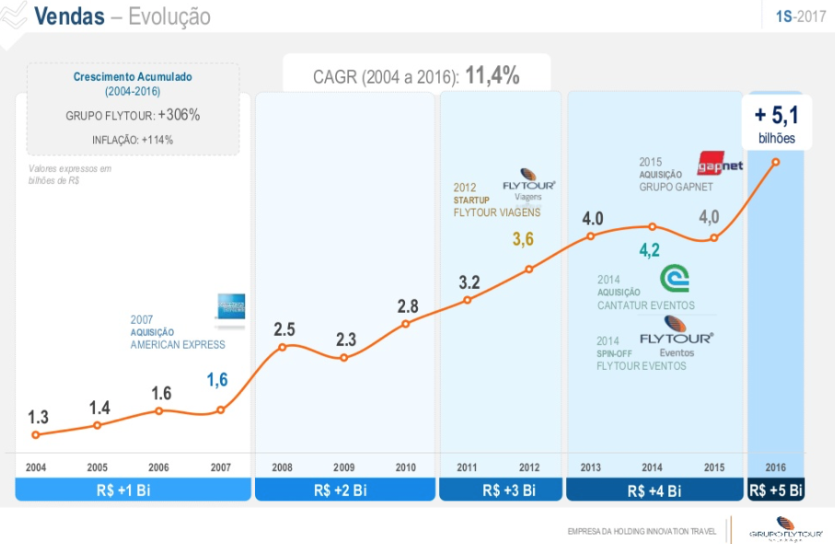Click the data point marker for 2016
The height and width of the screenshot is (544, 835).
[x=776, y=162]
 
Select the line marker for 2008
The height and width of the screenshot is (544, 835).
[x=283, y=347]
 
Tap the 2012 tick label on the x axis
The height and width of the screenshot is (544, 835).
[x=529, y=468]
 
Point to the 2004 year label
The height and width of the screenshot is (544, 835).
[x=36, y=468]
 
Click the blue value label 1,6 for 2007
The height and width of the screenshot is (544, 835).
[x=216, y=379]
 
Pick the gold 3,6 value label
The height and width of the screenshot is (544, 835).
[x=523, y=239]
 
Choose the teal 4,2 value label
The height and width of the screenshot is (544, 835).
[x=650, y=250]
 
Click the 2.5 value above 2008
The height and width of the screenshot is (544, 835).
[x=284, y=329]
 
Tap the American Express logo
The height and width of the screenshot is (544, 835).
[x=230, y=307]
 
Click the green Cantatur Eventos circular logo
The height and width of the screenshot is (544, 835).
[x=674, y=278]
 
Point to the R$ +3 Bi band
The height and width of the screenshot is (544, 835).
[x=500, y=490]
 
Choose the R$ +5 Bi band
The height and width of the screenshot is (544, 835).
[x=776, y=490]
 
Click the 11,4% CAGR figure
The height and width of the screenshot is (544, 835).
[x=493, y=76]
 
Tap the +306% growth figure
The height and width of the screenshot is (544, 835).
[x=179, y=115]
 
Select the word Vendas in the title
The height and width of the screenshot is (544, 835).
[x=68, y=17]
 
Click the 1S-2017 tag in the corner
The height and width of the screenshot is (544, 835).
[x=800, y=17]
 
